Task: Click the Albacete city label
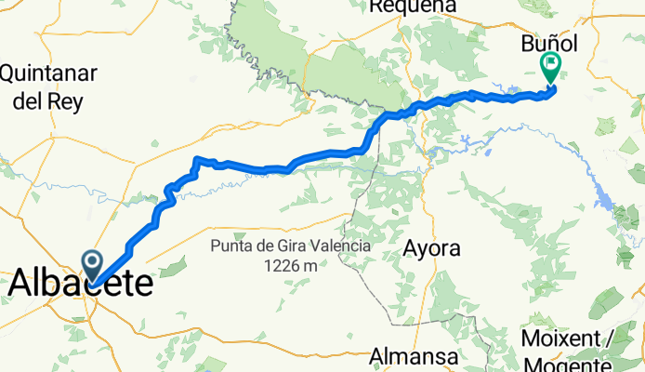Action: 82,282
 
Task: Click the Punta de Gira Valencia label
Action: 290,246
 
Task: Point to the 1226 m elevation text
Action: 290,266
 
